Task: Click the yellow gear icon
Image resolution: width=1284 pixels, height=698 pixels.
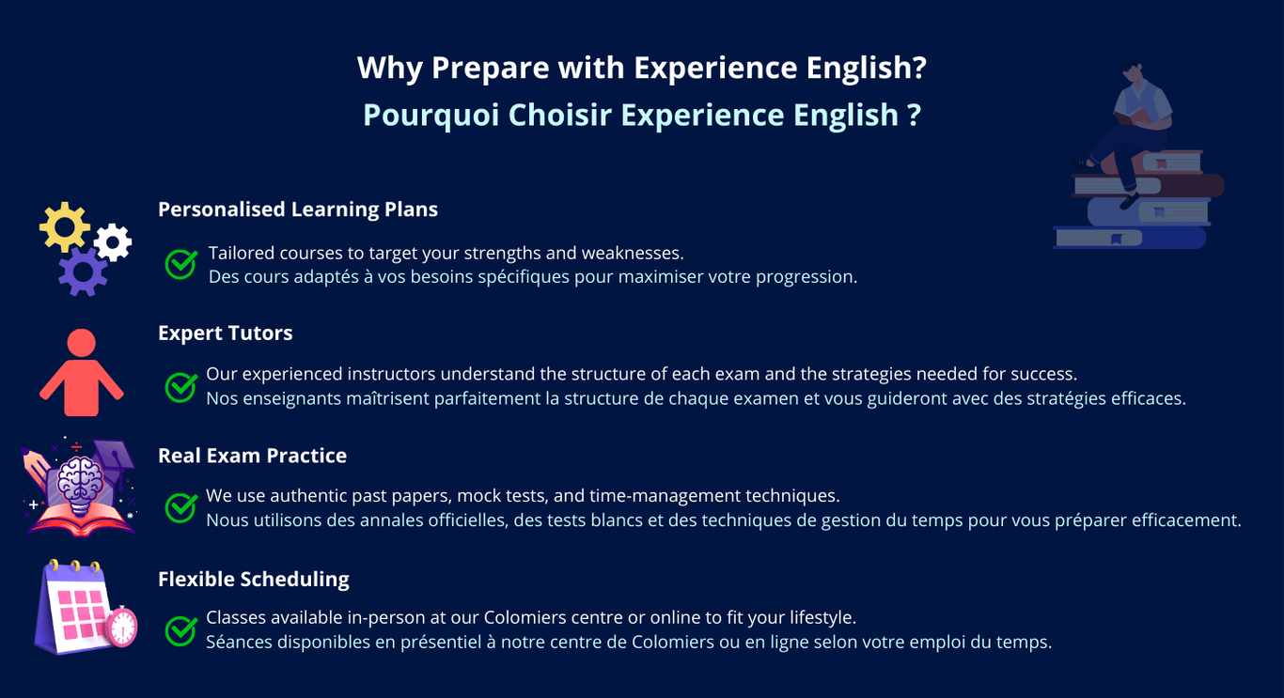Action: click(65, 227)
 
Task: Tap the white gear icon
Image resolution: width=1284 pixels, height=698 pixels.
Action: click(113, 242)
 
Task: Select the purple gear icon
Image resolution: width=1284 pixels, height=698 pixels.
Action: click(83, 271)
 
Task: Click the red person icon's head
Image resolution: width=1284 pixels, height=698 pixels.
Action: click(82, 343)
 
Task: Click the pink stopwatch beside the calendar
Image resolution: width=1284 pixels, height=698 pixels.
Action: click(121, 627)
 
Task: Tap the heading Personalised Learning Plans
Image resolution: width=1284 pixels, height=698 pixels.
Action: click(297, 209)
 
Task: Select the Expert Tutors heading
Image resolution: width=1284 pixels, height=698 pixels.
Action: click(226, 333)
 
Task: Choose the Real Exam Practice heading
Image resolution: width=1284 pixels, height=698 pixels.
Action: click(252, 456)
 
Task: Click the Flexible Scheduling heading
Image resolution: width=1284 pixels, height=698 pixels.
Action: click(254, 580)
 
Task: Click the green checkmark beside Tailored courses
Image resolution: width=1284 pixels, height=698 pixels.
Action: click(181, 264)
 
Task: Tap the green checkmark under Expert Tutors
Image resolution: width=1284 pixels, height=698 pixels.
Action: click(181, 387)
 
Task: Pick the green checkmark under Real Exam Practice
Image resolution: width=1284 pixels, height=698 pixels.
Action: click(181, 507)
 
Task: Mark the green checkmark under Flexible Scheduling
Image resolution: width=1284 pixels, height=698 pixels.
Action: click(181, 631)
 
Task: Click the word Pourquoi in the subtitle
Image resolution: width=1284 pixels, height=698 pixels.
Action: click(431, 116)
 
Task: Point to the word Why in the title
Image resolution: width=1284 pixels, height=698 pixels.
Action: click(390, 69)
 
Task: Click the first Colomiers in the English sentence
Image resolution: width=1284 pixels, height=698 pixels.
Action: click(525, 617)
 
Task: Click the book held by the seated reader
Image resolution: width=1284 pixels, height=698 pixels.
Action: click(1133, 116)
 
